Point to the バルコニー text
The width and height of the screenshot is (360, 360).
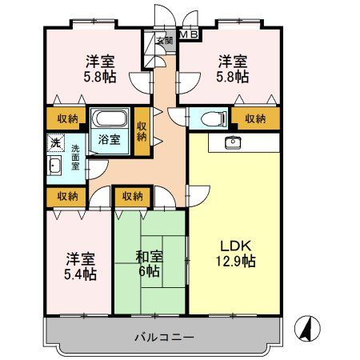click(x=163, y=337)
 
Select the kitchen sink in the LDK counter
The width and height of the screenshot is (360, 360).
click(x=234, y=142)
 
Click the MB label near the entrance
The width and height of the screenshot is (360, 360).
click(x=189, y=34)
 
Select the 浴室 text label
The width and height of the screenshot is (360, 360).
click(x=110, y=139)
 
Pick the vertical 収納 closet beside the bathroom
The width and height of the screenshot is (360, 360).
click(x=142, y=130)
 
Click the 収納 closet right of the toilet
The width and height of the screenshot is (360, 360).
click(x=255, y=118)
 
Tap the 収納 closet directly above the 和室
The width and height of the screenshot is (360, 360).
click(x=133, y=196)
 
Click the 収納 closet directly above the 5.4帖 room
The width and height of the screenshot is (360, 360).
click(x=67, y=196)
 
